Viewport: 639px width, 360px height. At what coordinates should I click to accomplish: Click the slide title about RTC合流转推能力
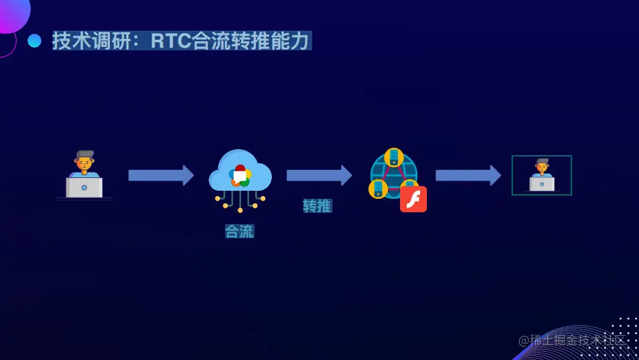click(x=181, y=41)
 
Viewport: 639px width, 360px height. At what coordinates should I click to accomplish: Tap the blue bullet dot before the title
click(x=34, y=41)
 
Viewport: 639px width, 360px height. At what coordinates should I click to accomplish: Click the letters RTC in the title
click(x=170, y=41)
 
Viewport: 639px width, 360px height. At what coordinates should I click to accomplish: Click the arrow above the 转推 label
click(x=319, y=175)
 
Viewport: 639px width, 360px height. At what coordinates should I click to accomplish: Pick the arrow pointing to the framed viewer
click(x=468, y=175)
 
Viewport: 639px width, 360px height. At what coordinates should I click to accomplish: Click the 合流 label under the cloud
click(x=240, y=232)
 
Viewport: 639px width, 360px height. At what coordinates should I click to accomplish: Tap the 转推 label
click(x=317, y=206)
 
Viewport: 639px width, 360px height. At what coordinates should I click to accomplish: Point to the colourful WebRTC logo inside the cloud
click(x=240, y=176)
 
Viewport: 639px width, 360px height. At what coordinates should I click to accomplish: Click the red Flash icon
click(x=413, y=199)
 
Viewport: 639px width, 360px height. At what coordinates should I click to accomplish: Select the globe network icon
click(x=394, y=175)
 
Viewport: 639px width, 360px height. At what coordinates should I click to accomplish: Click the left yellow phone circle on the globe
click(x=378, y=189)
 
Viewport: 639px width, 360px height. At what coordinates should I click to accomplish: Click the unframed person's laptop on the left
click(x=84, y=187)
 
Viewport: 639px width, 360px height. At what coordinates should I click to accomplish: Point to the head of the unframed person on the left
click(x=85, y=161)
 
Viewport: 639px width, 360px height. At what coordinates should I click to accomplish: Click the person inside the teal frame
click(x=542, y=175)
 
